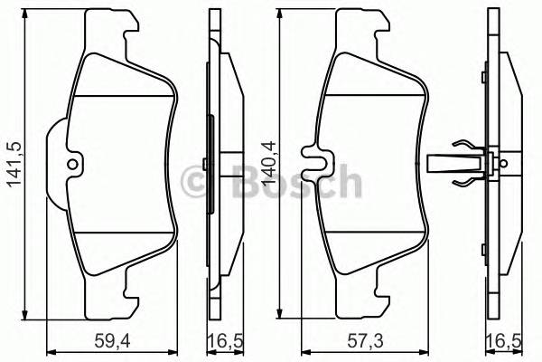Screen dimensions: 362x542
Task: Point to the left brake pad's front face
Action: click(x=122, y=163)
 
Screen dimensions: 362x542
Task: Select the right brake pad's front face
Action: click(x=375, y=163)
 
